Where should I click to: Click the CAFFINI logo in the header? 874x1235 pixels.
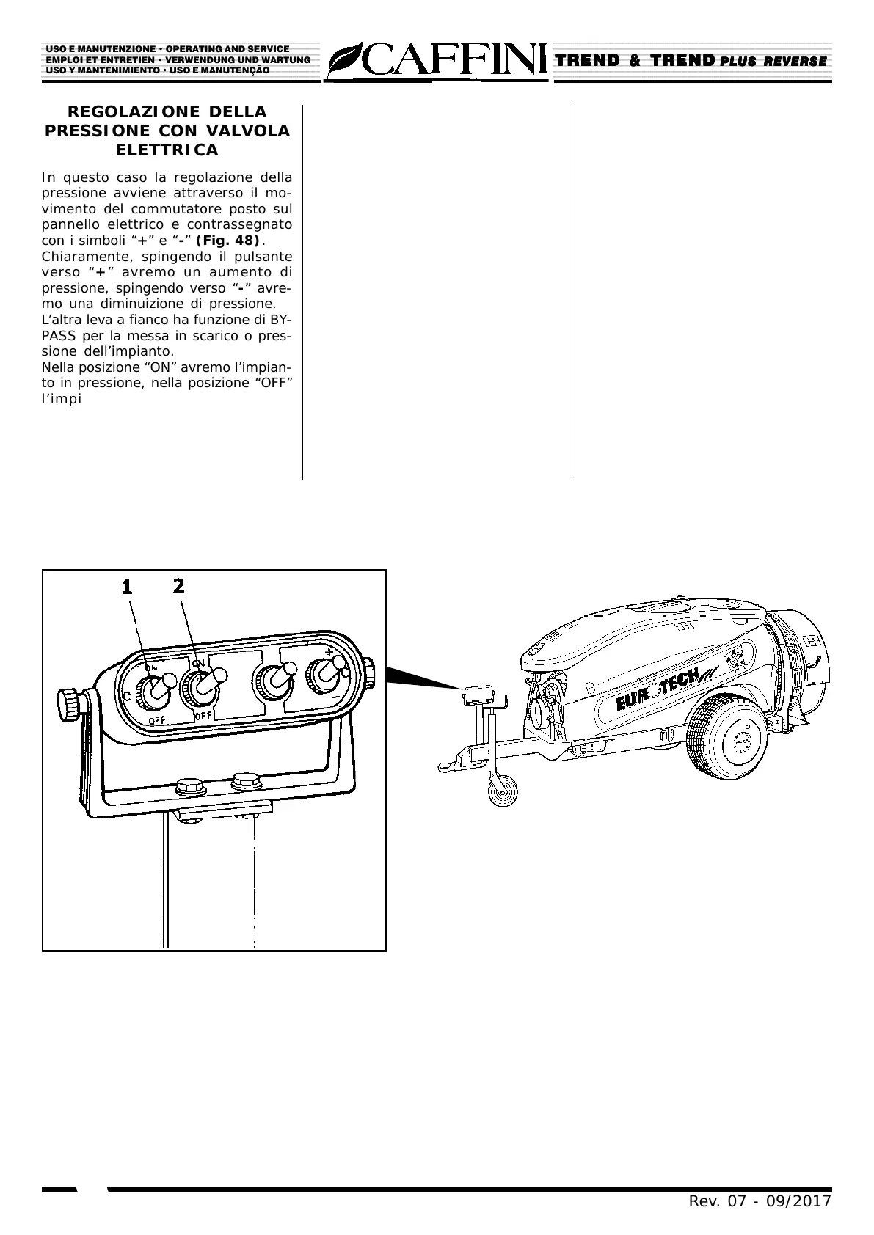(437, 61)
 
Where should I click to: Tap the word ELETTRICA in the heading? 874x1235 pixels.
(167, 150)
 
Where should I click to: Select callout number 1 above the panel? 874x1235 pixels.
(127, 587)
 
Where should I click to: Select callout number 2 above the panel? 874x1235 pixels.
(178, 585)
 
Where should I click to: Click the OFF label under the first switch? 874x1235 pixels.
(156, 720)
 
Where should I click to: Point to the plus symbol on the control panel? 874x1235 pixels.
(329, 651)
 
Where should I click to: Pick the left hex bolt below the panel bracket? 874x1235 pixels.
(191, 788)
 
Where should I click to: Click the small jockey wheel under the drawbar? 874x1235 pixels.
(503, 791)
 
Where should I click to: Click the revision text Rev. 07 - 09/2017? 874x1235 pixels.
(759, 1201)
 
